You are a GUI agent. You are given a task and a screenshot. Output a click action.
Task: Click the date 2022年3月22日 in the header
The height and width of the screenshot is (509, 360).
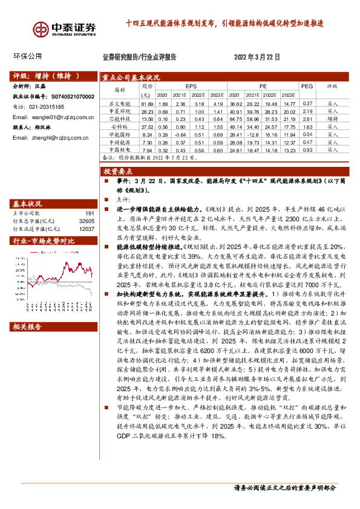click(x=257, y=57)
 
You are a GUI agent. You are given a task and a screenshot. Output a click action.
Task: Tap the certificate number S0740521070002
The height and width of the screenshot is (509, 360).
click(x=70, y=96)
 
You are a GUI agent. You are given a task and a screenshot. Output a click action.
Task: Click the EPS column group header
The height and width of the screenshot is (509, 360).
click(x=191, y=86)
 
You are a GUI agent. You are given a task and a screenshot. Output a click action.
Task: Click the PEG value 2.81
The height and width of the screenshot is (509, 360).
click(x=307, y=119)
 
